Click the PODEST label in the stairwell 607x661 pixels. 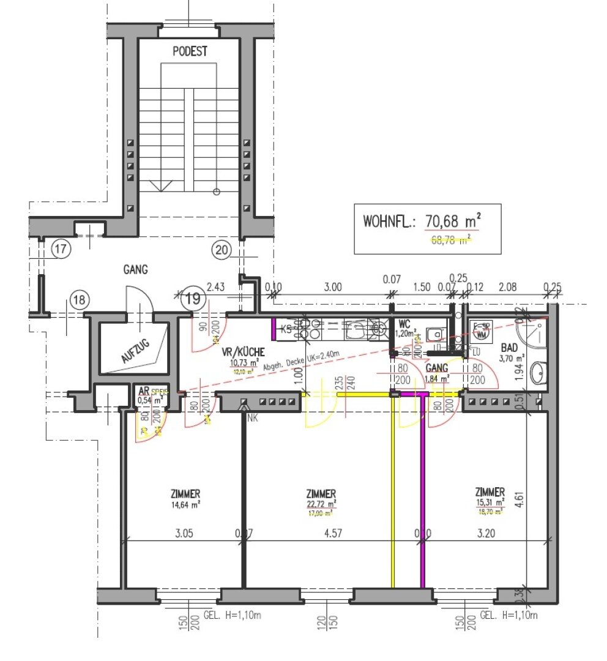(189, 51)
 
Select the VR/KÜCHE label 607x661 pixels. (243, 352)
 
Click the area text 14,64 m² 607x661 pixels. (186, 505)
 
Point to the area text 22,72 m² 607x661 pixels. (321, 504)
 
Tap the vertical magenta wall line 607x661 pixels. (422, 490)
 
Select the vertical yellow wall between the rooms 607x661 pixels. (392, 490)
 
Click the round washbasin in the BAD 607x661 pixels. (538, 372)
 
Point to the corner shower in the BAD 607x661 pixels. (530, 334)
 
